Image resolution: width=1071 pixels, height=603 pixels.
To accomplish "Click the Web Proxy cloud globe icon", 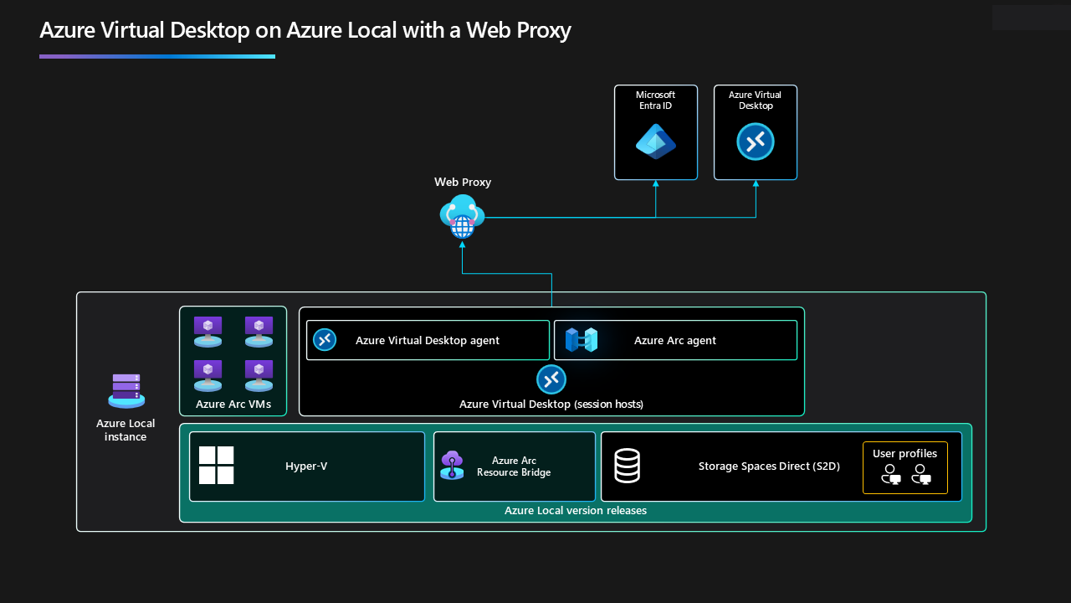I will (x=462, y=216).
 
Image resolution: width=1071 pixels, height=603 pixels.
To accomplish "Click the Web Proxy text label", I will (x=462, y=182).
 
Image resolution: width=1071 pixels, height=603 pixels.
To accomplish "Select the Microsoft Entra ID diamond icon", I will (x=655, y=142).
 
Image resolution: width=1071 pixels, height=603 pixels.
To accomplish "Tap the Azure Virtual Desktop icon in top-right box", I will (x=755, y=142).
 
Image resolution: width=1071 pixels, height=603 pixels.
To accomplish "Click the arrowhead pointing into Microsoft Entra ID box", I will (x=655, y=183).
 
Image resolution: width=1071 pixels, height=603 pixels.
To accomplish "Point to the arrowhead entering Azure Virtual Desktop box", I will (x=756, y=183).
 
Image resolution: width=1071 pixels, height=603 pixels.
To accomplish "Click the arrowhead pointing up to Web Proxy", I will (x=462, y=245).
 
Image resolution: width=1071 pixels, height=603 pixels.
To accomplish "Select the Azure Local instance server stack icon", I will (x=126, y=390).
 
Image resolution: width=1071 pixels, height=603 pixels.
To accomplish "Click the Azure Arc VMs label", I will (x=233, y=405).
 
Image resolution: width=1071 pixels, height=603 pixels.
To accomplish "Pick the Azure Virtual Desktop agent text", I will (x=427, y=340).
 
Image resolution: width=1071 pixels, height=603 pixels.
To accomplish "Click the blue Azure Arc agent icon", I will (x=581, y=340).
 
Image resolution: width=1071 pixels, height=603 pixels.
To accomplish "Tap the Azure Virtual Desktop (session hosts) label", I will (x=551, y=405).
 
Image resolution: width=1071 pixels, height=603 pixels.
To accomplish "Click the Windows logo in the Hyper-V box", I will (x=216, y=466).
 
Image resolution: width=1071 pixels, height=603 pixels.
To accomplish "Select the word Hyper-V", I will (x=306, y=466).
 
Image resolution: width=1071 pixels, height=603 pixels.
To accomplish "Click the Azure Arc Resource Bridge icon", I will (x=452, y=465).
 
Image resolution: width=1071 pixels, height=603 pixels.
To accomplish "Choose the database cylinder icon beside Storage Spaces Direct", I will (x=627, y=466).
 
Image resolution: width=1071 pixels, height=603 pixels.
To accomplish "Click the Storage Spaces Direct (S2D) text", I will (x=768, y=466).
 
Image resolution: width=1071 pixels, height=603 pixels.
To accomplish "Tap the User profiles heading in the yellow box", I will (x=904, y=454).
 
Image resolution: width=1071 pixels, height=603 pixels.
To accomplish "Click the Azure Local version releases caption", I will (x=575, y=510).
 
